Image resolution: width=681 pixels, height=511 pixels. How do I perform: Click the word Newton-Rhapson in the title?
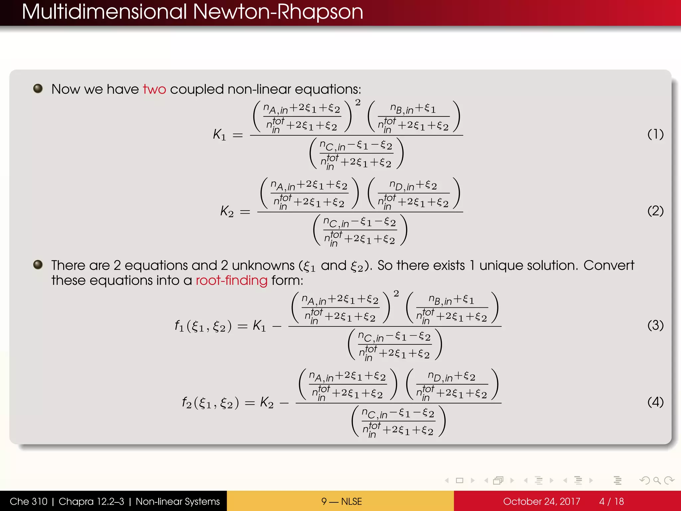click(278, 12)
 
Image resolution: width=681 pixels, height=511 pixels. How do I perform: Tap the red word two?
click(154, 89)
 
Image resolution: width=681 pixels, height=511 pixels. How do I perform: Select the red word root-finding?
click(231, 280)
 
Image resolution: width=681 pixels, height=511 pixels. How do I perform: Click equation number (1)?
click(655, 134)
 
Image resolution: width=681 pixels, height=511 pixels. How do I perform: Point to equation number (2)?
click(655, 211)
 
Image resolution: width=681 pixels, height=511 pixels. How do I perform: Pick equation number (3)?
click(655, 325)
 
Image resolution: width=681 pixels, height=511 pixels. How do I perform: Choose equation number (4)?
click(655, 402)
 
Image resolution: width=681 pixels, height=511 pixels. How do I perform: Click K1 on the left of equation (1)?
click(219, 135)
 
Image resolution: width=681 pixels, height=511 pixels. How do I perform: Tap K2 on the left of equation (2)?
click(227, 211)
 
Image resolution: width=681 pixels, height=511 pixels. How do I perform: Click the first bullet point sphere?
click(38, 88)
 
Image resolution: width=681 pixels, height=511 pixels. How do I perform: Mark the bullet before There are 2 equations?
click(38, 264)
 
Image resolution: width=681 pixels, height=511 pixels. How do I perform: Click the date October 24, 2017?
click(541, 501)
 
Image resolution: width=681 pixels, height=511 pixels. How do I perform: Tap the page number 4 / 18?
click(612, 501)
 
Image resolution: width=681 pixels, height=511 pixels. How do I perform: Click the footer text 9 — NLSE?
click(341, 501)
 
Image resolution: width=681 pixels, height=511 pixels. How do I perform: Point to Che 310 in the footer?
click(29, 501)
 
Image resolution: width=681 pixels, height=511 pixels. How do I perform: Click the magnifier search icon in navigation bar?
click(657, 480)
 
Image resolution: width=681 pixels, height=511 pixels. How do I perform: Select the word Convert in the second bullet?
click(609, 265)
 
